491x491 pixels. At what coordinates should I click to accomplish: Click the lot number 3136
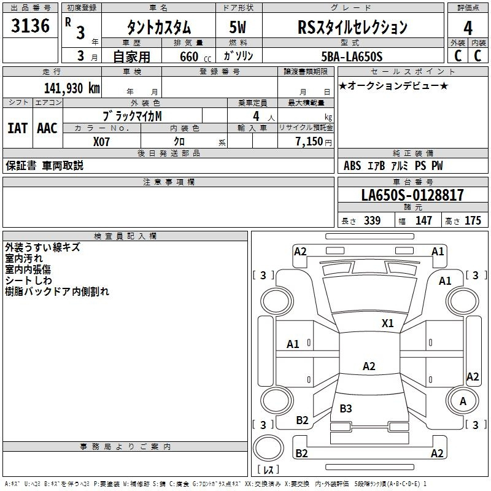(x=30, y=26)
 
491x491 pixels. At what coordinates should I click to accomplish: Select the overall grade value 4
(x=468, y=28)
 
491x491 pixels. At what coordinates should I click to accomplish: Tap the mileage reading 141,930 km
(x=72, y=88)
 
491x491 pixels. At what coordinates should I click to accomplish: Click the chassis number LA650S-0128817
(x=412, y=195)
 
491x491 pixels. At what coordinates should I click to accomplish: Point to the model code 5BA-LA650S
(x=352, y=56)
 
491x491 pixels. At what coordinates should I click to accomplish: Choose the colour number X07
(x=101, y=142)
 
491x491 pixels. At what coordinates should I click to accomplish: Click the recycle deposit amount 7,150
(x=309, y=142)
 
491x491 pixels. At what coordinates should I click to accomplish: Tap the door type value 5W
(x=238, y=28)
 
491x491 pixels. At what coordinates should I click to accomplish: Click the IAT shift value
(x=18, y=128)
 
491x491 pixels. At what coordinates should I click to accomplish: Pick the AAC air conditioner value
(x=47, y=128)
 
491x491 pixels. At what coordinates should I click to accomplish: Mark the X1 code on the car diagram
(x=387, y=323)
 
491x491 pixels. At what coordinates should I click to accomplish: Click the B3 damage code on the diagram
(x=346, y=408)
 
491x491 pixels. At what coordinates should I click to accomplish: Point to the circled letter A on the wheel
(x=463, y=401)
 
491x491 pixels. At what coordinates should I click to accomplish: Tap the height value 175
(x=473, y=220)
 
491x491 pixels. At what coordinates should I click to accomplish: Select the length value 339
(x=373, y=220)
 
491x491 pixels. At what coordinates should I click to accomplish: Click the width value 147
(x=423, y=220)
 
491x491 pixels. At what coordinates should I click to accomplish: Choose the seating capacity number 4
(x=256, y=117)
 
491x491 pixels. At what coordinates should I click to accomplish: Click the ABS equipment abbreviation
(x=352, y=166)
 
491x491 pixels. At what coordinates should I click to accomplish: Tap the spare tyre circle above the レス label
(x=268, y=447)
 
